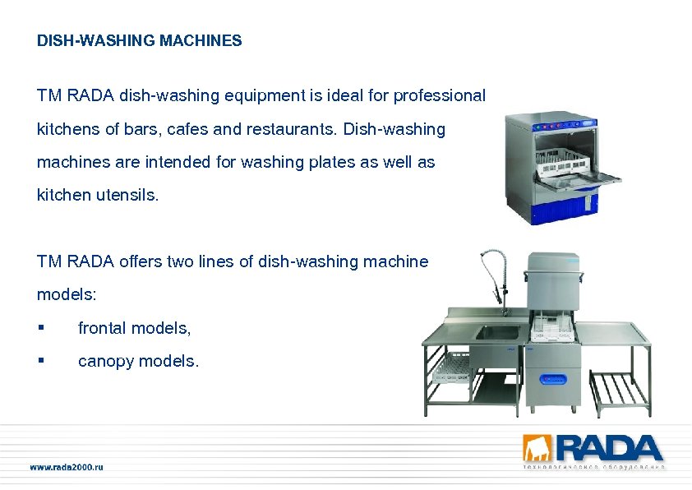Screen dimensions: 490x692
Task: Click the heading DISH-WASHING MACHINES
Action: click(139, 40)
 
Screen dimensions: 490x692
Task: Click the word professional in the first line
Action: click(440, 96)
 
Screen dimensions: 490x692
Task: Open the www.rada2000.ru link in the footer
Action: click(67, 467)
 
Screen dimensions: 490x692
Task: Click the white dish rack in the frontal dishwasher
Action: click(567, 164)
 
